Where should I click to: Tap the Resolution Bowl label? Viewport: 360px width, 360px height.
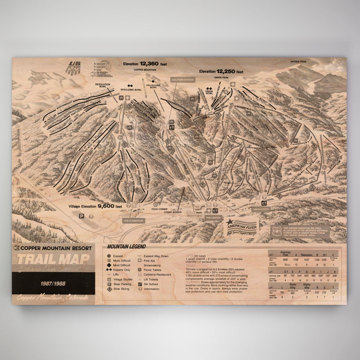103,84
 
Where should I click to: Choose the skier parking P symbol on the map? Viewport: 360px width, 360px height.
82,216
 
